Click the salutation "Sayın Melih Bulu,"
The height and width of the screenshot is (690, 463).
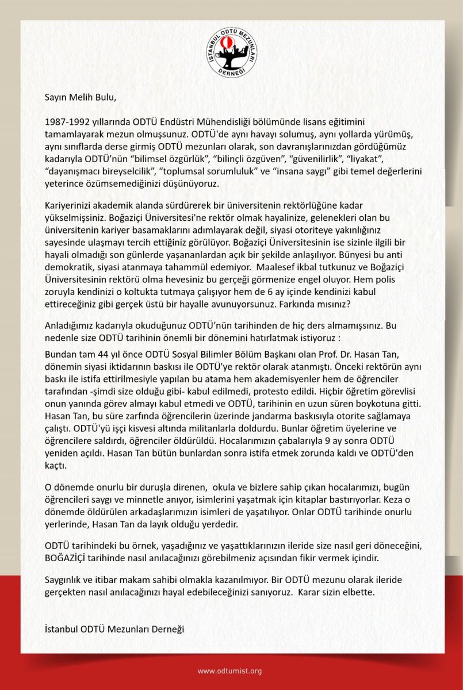pos(81,97)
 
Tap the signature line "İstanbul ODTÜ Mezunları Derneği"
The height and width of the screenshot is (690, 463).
pos(114,629)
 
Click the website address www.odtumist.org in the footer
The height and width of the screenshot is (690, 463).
pos(230,671)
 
